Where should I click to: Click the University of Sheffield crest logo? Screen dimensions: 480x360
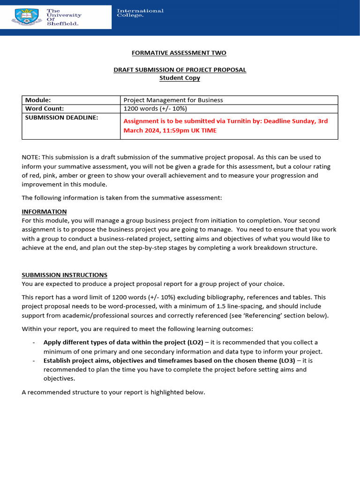pyautogui.click(x=28, y=17)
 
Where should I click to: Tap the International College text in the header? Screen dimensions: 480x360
pyautogui.click(x=140, y=13)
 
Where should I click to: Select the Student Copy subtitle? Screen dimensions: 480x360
pyautogui.click(x=180, y=78)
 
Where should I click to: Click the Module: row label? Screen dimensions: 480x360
pyautogui.click(x=38, y=100)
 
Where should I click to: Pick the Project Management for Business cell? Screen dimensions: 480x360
pyautogui.click(x=173, y=100)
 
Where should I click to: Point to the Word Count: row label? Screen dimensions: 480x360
pyautogui.click(x=45, y=109)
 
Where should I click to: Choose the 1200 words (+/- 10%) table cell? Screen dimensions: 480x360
pyautogui.click(x=155, y=109)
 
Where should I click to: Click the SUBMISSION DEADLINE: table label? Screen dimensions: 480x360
pyautogui.click(x=61, y=118)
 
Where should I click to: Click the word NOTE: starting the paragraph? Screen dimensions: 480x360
pyautogui.click(x=31, y=157)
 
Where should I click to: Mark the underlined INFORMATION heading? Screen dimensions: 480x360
pyautogui.click(x=44, y=211)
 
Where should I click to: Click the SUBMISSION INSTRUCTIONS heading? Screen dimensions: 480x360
pyautogui.click(x=65, y=275)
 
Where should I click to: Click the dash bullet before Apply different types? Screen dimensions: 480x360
pyautogui.click(x=34, y=342)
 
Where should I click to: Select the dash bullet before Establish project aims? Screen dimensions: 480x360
pyautogui.click(x=34, y=360)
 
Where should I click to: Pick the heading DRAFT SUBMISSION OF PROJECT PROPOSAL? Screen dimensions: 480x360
pyautogui.click(x=180, y=70)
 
